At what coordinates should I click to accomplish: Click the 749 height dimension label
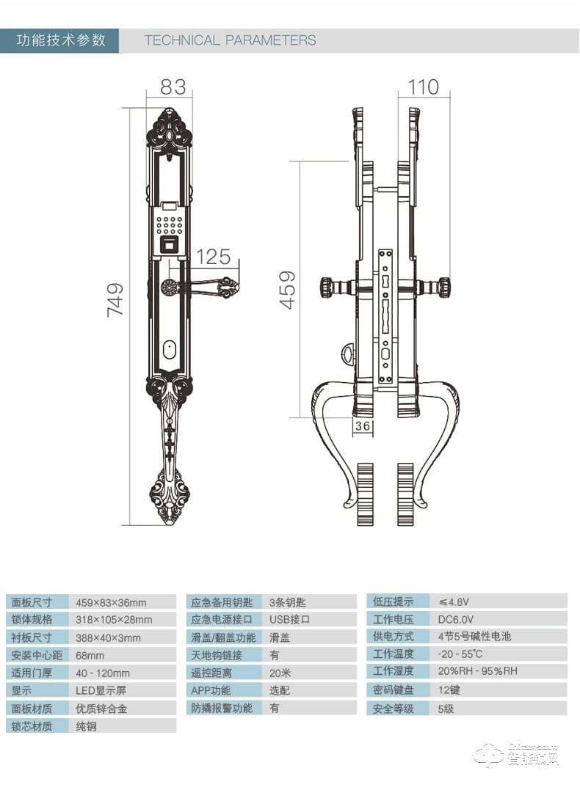pos(116,299)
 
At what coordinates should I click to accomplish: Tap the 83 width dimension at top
pos(173,87)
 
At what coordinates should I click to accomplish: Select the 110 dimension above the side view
pos(424,87)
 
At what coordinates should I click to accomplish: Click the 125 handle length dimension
pos(214,257)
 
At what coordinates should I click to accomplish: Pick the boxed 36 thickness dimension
pos(362,426)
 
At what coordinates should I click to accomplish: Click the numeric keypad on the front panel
pos(170,221)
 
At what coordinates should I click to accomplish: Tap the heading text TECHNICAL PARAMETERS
pos(230,40)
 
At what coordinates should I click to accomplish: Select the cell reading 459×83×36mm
pos(111,603)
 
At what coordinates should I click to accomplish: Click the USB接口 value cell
pos(289,620)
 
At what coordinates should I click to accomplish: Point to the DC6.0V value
pos(456,620)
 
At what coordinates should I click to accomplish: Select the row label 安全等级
pos(394,709)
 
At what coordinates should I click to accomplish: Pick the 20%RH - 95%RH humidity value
pos(477,672)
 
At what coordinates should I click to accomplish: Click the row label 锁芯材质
pos(32,726)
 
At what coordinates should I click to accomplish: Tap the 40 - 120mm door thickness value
pos(103,673)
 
